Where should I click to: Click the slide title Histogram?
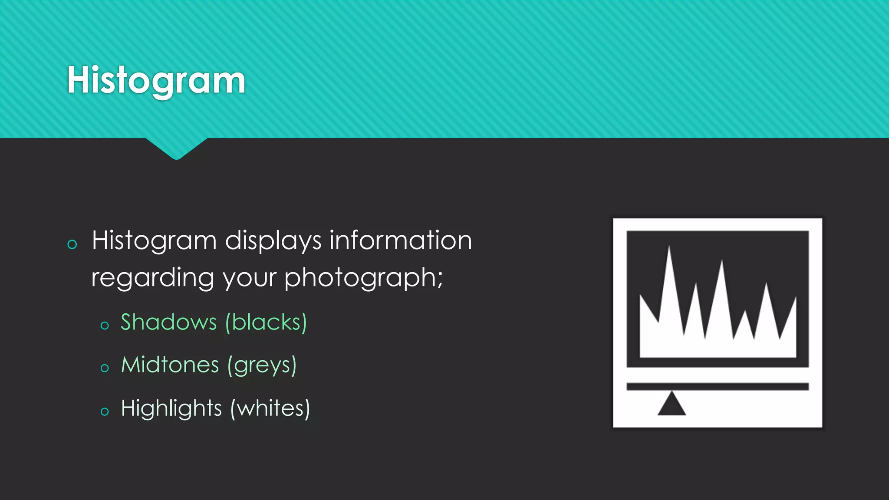click(156, 81)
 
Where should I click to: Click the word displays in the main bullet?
click(273, 241)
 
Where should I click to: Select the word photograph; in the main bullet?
click(364, 278)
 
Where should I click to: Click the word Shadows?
click(168, 322)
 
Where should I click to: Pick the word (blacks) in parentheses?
click(266, 322)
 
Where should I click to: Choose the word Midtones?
click(170, 365)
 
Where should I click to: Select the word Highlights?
click(171, 408)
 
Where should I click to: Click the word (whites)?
click(270, 408)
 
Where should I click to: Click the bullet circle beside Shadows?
click(105, 326)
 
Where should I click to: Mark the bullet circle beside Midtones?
click(105, 368)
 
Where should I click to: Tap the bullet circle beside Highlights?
click(105, 411)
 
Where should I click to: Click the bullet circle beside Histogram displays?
click(72, 244)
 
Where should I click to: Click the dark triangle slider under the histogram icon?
click(672, 405)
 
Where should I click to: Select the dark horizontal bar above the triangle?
click(718, 387)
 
